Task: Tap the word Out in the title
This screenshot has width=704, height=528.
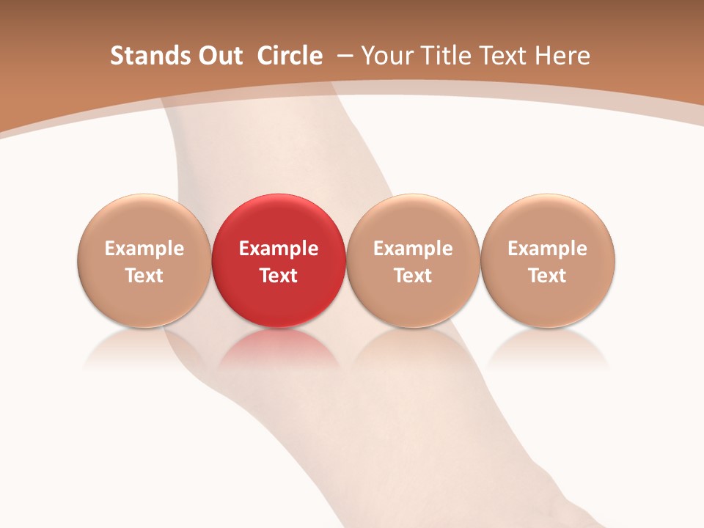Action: [219, 56]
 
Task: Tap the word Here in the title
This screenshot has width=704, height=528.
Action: [562, 56]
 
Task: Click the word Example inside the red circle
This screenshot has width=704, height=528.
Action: [279, 249]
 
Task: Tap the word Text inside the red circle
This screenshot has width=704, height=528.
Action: [279, 276]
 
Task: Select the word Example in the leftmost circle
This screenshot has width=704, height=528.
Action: [144, 249]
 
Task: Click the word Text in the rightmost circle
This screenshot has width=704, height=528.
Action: [548, 276]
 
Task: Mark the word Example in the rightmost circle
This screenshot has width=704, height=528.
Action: [548, 249]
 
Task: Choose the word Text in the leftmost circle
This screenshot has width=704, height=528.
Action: [144, 276]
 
